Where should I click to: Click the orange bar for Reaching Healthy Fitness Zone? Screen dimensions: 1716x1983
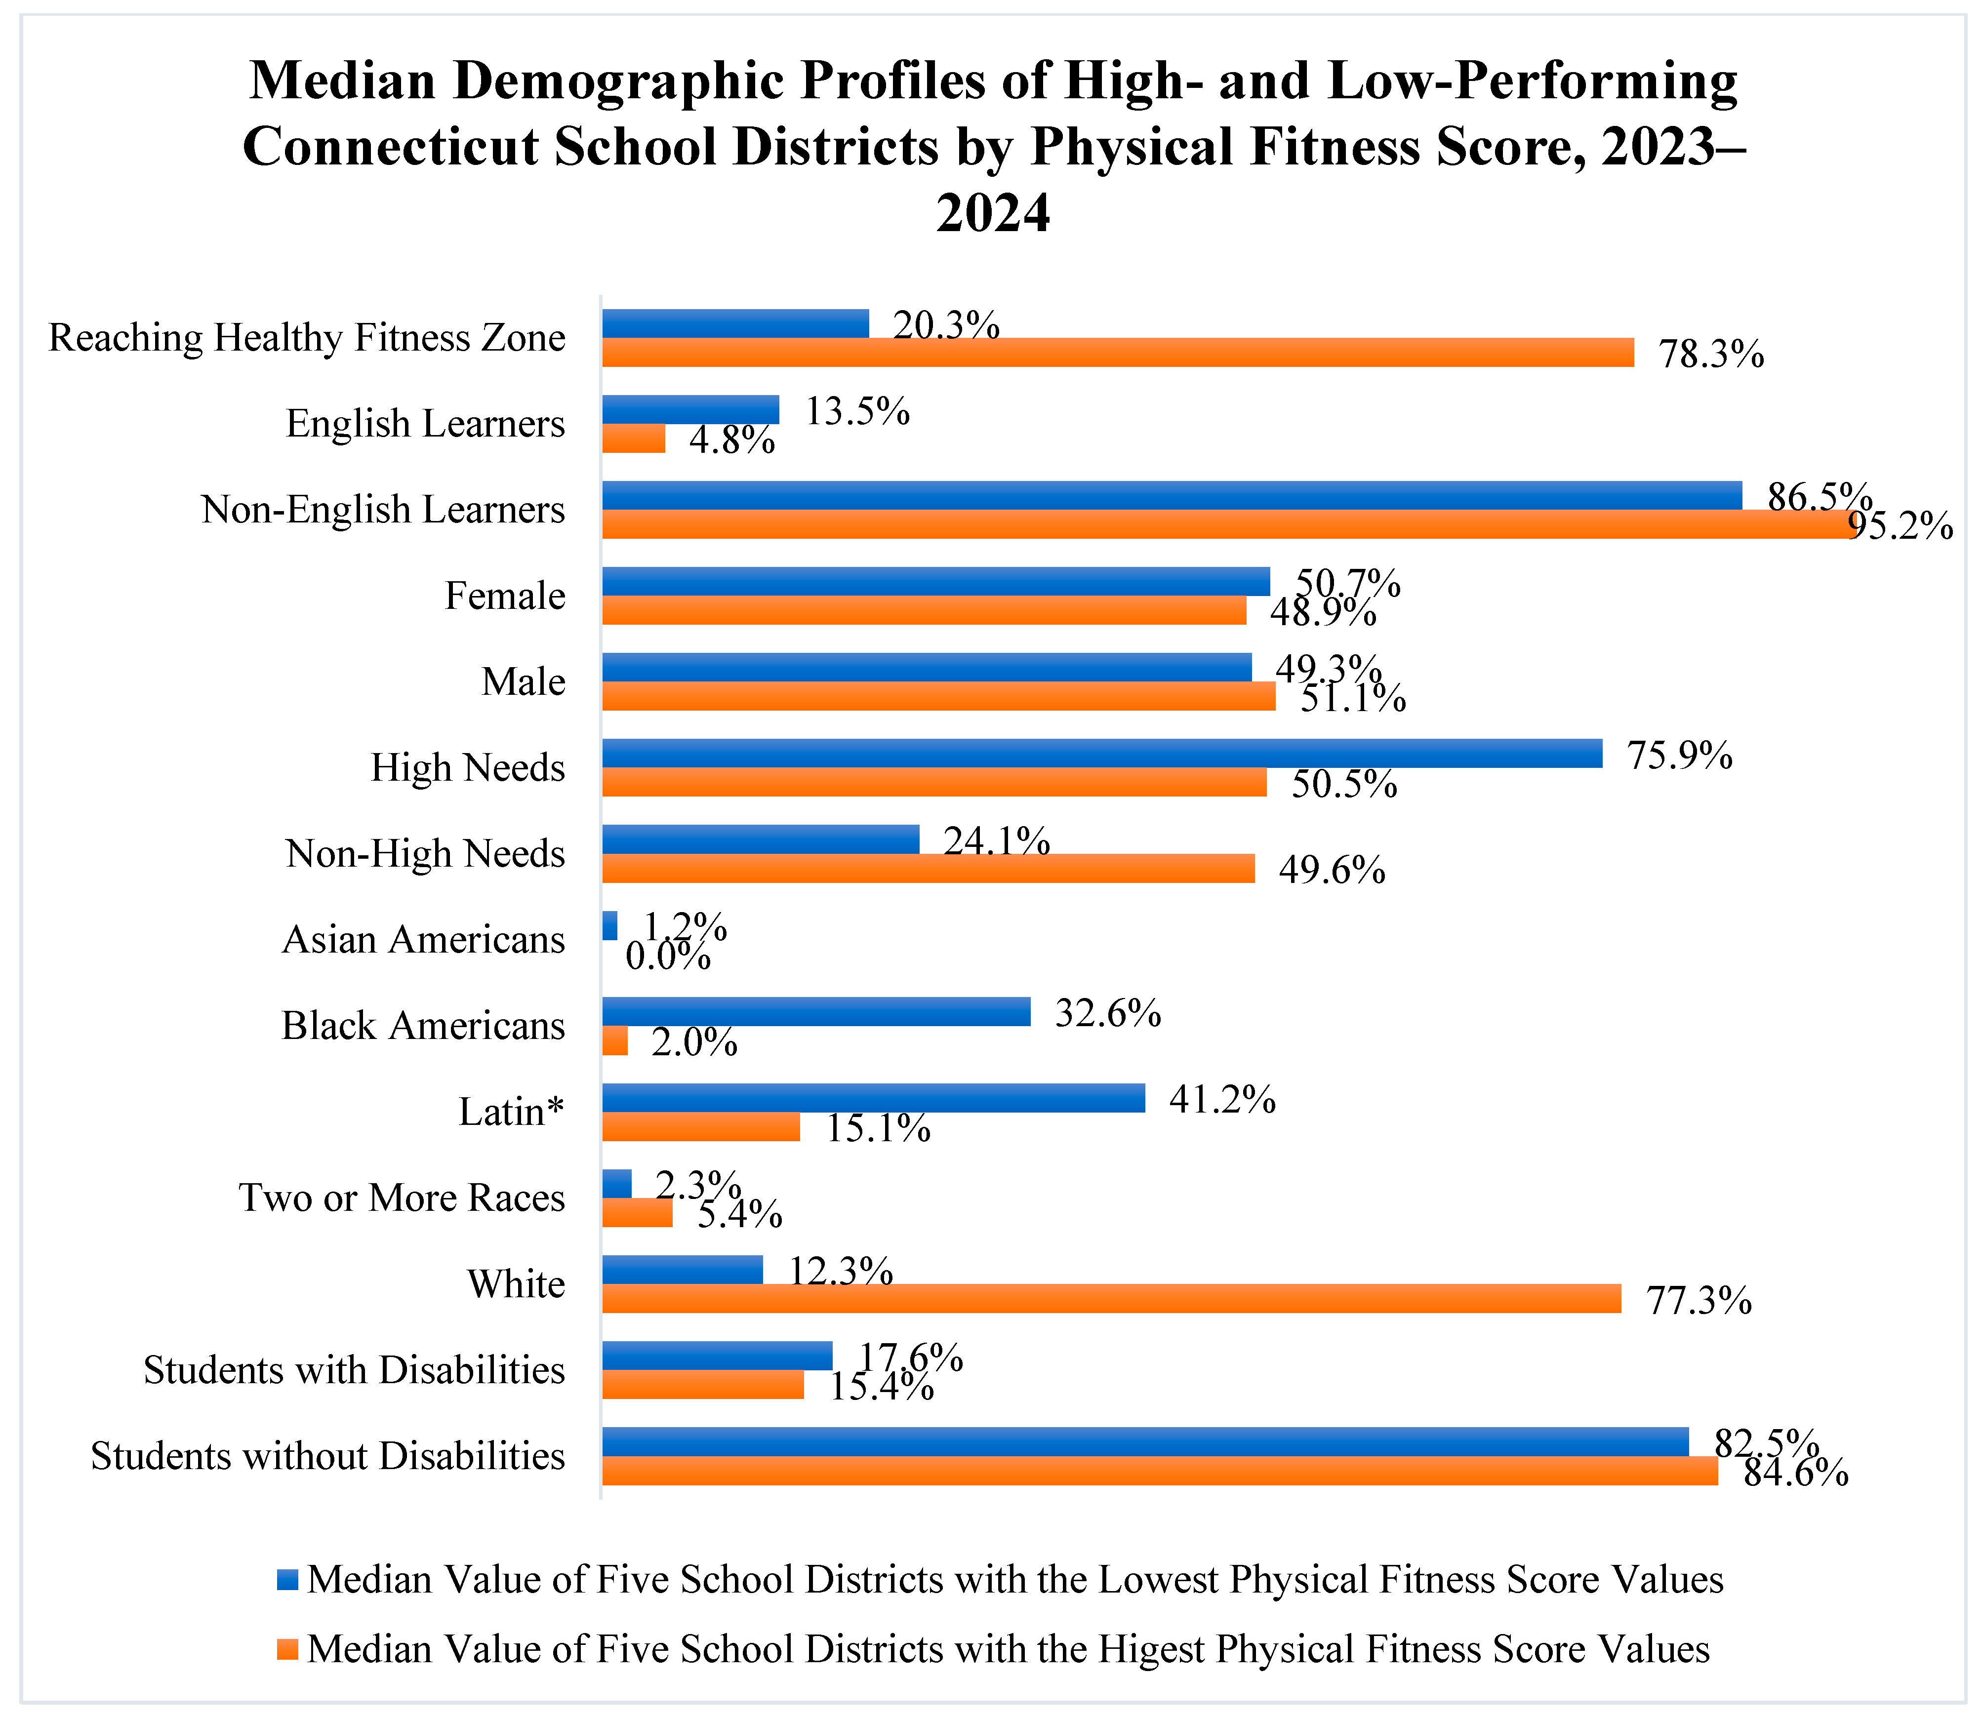click(x=1117, y=353)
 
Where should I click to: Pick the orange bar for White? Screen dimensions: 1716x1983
click(x=1111, y=1299)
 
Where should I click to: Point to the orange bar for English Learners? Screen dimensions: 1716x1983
click(x=633, y=439)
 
